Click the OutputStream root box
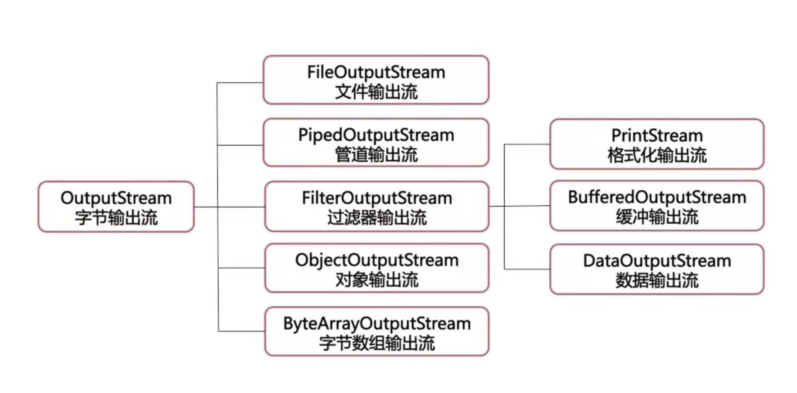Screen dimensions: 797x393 tap(116, 207)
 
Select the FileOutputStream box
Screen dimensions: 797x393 tap(376, 80)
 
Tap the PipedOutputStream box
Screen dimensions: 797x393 tap(376, 143)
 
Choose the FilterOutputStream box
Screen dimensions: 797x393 tap(377, 206)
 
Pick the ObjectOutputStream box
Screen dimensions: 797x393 tap(377, 268)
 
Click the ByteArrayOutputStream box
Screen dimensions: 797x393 tap(377, 332)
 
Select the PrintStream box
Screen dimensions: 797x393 tap(657, 144)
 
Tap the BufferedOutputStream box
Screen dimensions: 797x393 tap(657, 206)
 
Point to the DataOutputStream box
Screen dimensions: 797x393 tap(657, 269)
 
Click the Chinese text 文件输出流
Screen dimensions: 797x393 tap(376, 91)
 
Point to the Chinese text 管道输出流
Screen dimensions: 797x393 tap(376, 154)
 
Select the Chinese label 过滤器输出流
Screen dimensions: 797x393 tap(377, 218)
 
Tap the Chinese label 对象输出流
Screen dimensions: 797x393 tap(377, 280)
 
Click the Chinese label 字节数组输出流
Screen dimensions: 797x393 tap(377, 343)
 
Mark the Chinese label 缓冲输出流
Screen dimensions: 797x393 tap(657, 217)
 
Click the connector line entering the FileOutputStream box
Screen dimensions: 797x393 tap(240, 83)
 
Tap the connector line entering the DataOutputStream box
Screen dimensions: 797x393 tap(527, 269)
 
